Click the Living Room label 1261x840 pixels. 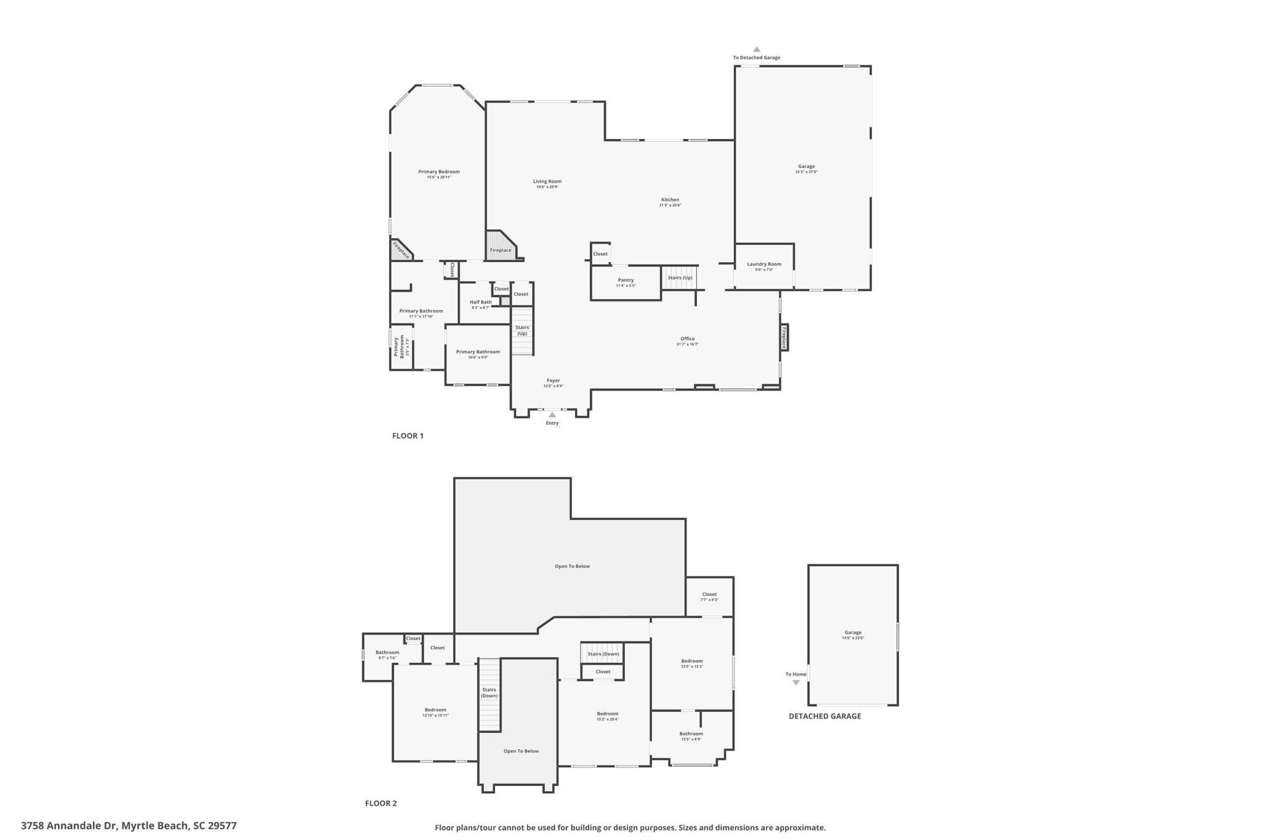(547, 182)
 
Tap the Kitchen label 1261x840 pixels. (670, 200)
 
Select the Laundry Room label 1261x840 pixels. (764, 265)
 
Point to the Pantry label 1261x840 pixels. (626, 281)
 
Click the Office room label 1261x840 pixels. (687, 339)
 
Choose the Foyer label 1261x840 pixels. (553, 381)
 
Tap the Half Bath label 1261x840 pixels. (480, 302)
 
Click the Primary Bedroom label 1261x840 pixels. (438, 172)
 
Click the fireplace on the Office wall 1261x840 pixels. (784, 338)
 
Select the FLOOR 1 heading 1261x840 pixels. (408, 436)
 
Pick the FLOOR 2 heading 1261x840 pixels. (381, 803)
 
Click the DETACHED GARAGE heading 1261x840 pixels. (824, 716)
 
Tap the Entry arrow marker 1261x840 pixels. (552, 415)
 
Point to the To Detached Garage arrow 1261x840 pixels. (756, 50)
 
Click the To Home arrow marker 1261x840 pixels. (796, 682)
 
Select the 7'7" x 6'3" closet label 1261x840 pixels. (709, 595)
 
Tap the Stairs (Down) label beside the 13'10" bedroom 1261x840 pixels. (489, 692)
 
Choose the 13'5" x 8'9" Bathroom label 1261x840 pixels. (691, 734)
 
